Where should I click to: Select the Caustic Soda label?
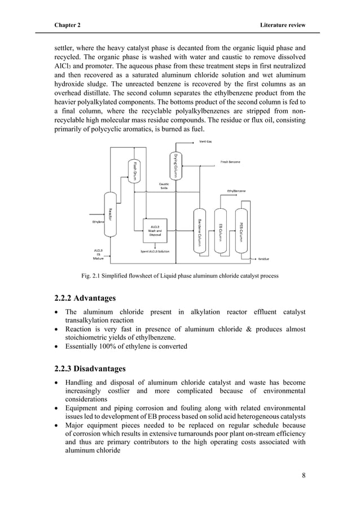pos(164,186)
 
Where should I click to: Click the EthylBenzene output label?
pos(239,191)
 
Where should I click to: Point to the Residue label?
pos(264,259)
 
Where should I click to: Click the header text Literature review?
pos(282,25)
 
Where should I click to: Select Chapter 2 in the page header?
pos(67,25)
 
